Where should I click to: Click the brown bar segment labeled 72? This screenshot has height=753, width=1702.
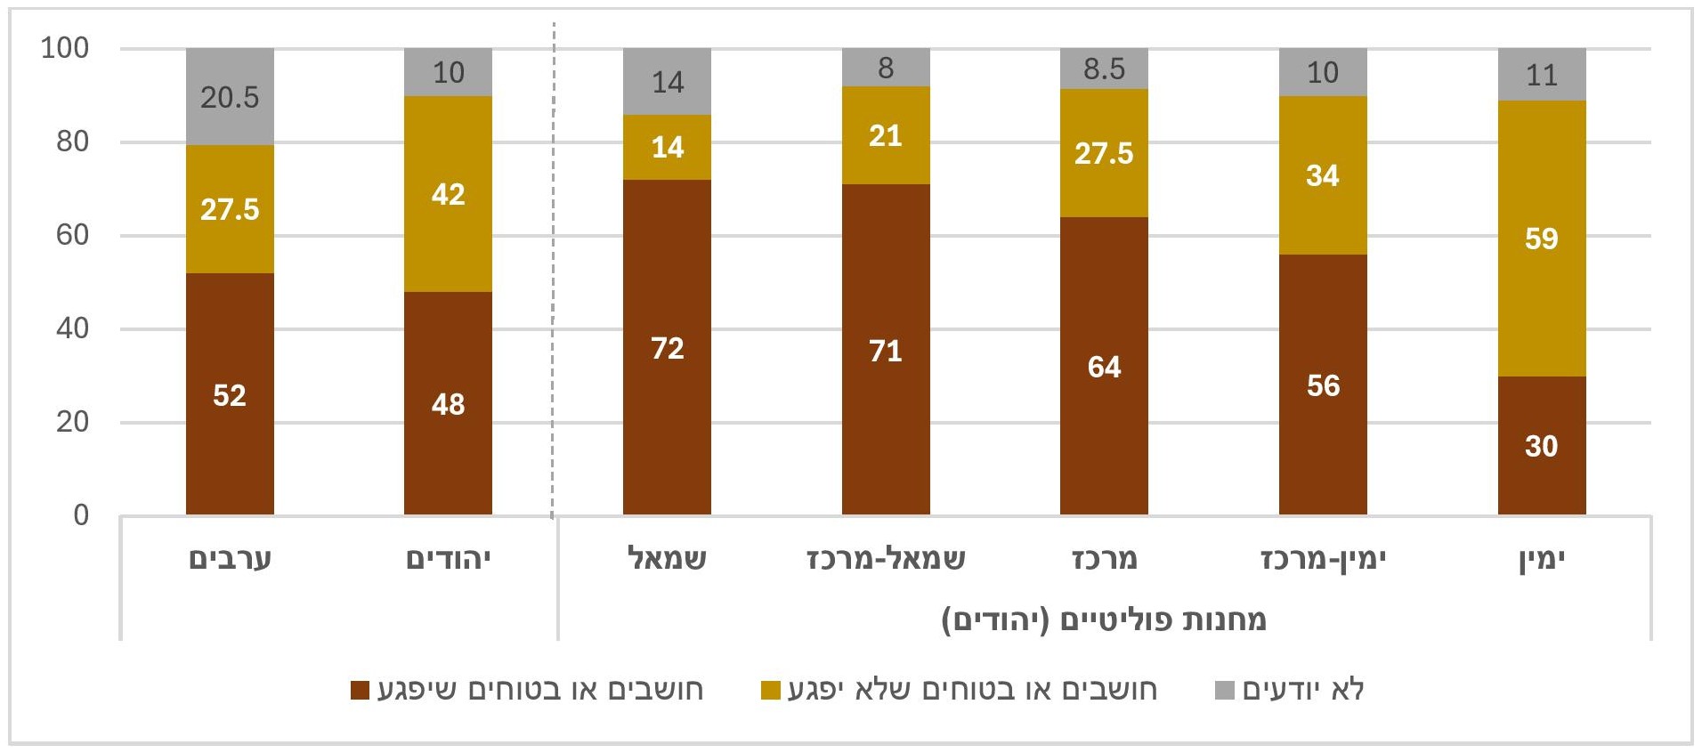[667, 347]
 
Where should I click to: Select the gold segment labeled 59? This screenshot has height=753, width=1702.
[1541, 239]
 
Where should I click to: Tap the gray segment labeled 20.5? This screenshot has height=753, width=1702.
[230, 96]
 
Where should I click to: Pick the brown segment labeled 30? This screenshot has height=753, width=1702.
[1541, 445]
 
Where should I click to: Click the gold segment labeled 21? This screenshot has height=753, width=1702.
[885, 135]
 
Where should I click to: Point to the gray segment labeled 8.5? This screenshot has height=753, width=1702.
[1104, 69]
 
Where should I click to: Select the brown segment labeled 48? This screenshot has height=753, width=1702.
[448, 403]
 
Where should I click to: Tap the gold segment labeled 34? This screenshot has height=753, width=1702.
[1322, 175]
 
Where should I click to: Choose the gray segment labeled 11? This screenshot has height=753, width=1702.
[1541, 75]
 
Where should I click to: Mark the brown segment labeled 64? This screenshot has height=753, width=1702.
[1104, 366]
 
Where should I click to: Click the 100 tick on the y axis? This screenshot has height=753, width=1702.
[65, 48]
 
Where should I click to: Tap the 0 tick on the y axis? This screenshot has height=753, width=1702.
[81, 515]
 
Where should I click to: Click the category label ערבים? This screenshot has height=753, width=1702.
[230, 559]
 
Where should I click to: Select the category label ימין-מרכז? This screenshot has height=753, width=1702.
[1323, 559]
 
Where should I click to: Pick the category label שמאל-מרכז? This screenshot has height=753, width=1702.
[886, 559]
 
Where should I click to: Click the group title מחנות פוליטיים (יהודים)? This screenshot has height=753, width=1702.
[1104, 619]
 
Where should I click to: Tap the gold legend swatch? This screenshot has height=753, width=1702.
[771, 691]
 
